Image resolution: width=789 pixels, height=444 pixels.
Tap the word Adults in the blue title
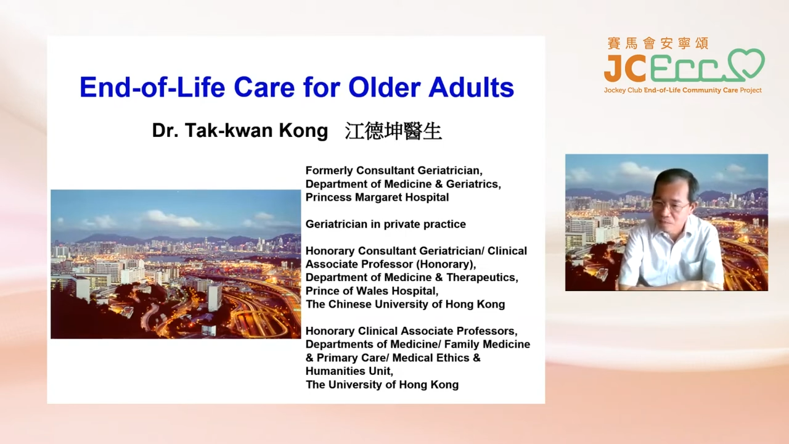point(472,87)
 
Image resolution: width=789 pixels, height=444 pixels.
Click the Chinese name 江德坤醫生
point(393,131)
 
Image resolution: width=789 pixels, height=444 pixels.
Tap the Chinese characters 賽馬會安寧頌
point(658,43)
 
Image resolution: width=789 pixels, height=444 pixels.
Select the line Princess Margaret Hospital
point(377,197)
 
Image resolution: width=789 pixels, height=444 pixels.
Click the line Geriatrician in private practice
point(386,224)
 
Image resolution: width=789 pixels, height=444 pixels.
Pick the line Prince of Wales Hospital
point(372,291)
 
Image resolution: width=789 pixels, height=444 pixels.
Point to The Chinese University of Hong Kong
point(405,304)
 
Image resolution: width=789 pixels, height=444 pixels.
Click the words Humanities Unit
point(350,371)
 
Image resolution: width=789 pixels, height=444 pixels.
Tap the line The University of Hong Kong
point(382,384)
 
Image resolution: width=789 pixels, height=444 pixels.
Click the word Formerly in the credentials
point(329,171)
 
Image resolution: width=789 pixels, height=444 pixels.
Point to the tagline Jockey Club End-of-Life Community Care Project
point(682,90)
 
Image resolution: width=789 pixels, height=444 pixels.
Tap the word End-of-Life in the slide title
point(152,87)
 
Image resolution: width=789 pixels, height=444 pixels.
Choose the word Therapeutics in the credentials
point(482,277)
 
